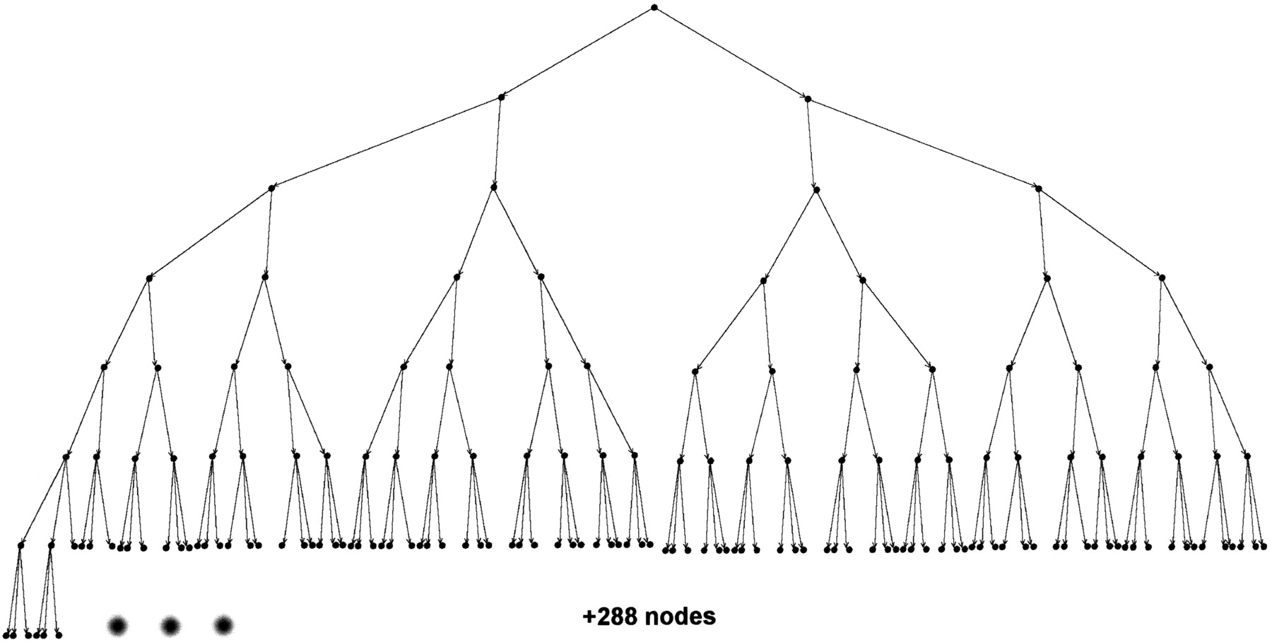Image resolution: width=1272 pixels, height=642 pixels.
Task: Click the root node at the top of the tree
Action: [x=654, y=8]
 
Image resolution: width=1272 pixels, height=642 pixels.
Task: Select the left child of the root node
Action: [x=501, y=97]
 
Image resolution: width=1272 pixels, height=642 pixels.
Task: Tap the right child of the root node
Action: [x=808, y=99]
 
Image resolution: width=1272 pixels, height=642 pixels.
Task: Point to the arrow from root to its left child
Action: [x=577, y=52]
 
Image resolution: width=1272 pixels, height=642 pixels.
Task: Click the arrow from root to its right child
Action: [x=731, y=53]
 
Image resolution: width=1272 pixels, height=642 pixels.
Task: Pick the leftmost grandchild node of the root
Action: [x=271, y=189]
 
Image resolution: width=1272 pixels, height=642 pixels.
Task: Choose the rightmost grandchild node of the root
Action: [x=1038, y=189]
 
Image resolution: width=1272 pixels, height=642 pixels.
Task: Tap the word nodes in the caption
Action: [x=681, y=617]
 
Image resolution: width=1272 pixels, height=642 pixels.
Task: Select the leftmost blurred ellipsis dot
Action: [x=117, y=625]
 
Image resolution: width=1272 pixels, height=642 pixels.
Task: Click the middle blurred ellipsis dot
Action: [x=170, y=625]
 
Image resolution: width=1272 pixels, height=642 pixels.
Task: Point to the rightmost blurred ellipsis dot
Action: [x=223, y=625]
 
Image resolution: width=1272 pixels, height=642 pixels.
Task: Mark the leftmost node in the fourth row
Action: [x=149, y=278]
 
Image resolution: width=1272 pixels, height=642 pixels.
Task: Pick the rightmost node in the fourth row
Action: [x=1162, y=278]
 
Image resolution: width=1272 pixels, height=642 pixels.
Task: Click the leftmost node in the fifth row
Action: [x=104, y=367]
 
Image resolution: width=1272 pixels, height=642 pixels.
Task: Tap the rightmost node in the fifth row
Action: [x=1209, y=367]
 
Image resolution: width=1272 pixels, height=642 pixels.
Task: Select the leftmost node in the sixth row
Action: [x=66, y=457]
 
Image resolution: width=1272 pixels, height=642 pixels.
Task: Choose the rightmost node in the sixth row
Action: [x=1247, y=456]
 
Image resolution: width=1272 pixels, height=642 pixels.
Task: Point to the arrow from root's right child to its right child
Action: [x=923, y=143]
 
